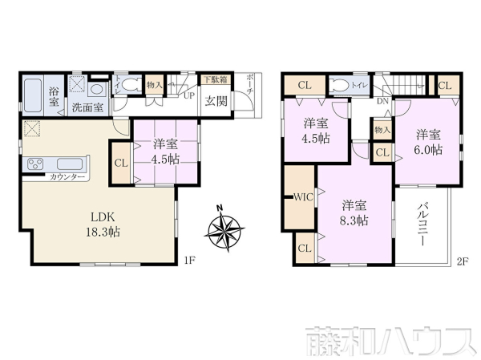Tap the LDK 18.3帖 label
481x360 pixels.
(x=104, y=224)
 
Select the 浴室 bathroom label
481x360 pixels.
(x=55, y=95)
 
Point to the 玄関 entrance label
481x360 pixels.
(x=214, y=101)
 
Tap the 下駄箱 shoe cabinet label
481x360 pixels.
(x=213, y=79)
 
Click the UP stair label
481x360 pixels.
(x=190, y=95)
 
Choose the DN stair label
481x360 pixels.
(x=382, y=102)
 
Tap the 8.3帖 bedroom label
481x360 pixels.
(x=353, y=211)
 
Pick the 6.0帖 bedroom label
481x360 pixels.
(x=428, y=143)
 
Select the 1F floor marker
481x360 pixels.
(x=188, y=259)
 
